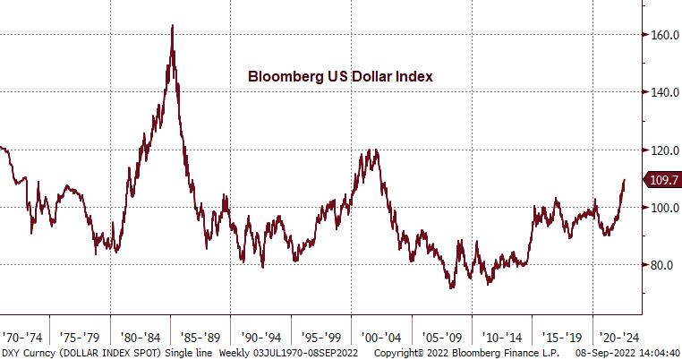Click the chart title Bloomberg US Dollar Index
(x=340, y=77)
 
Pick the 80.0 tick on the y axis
(x=661, y=265)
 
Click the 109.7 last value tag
(x=663, y=180)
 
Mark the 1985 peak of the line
(x=171, y=26)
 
